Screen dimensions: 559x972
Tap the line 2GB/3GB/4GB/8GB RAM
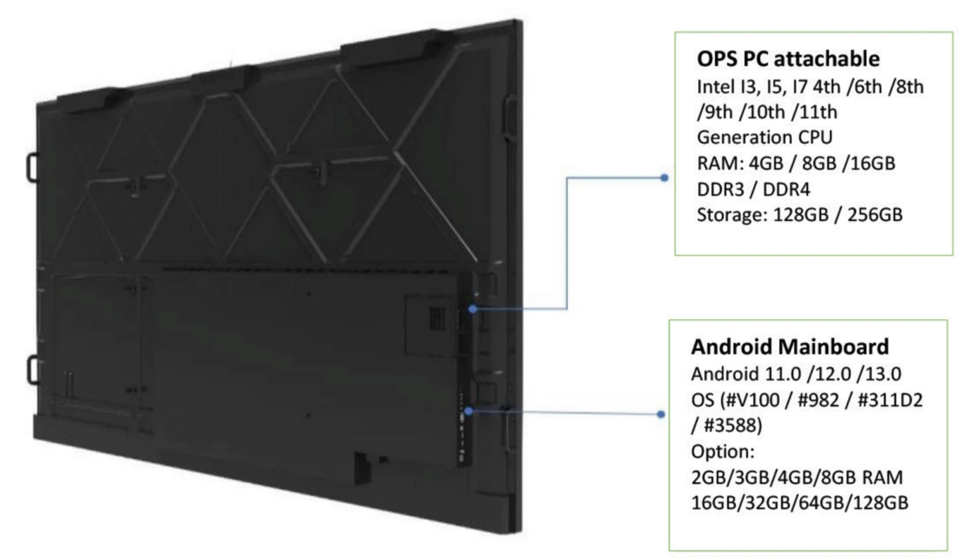click(x=786, y=478)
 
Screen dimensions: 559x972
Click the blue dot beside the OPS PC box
click(x=663, y=178)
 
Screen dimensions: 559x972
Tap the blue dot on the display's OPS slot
click(x=472, y=308)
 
